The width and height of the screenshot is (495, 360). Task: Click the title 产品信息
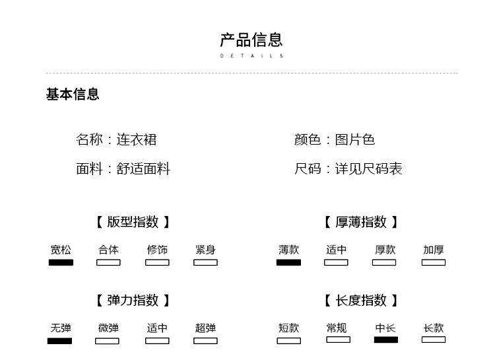[251, 40]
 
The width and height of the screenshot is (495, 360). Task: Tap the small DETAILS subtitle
[251, 56]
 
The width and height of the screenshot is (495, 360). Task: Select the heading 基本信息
[73, 94]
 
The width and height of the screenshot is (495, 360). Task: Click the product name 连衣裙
[137, 139]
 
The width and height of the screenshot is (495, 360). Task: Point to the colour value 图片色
[355, 139]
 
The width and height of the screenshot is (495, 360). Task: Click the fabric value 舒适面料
[143, 168]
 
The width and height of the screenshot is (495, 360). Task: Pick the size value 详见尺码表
[368, 168]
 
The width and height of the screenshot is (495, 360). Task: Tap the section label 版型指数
[133, 222]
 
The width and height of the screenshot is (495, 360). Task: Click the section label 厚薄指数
[361, 222]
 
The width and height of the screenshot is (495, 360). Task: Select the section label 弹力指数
[133, 301]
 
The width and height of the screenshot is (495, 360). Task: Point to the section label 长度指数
[361, 301]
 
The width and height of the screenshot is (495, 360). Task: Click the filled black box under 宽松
[61, 262]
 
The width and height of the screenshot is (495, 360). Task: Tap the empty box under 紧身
[205, 262]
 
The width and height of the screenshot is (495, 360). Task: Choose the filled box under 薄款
[288, 262]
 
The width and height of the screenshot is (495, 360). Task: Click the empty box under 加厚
[434, 262]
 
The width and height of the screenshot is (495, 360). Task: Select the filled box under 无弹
[59, 341]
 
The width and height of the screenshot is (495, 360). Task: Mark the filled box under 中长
[386, 340]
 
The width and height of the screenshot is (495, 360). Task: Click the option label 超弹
[205, 328]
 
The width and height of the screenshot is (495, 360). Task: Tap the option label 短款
[288, 328]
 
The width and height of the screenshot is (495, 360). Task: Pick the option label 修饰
[157, 250]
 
